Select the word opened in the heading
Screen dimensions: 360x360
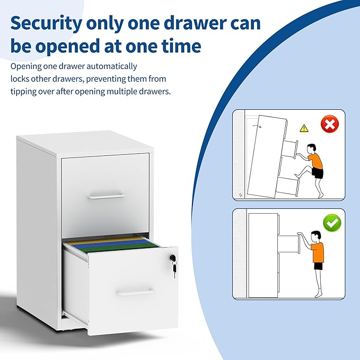tap(73, 47)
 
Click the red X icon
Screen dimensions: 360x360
tap(330, 126)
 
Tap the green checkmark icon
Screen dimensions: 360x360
tap(332, 223)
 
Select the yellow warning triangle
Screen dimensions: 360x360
tap(304, 128)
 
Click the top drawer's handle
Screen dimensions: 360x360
tap(106, 196)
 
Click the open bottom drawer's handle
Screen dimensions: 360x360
tap(135, 292)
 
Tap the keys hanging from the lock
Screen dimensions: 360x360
tap(173, 268)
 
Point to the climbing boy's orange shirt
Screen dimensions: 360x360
tap(316, 160)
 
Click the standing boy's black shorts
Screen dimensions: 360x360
tap(318, 266)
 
